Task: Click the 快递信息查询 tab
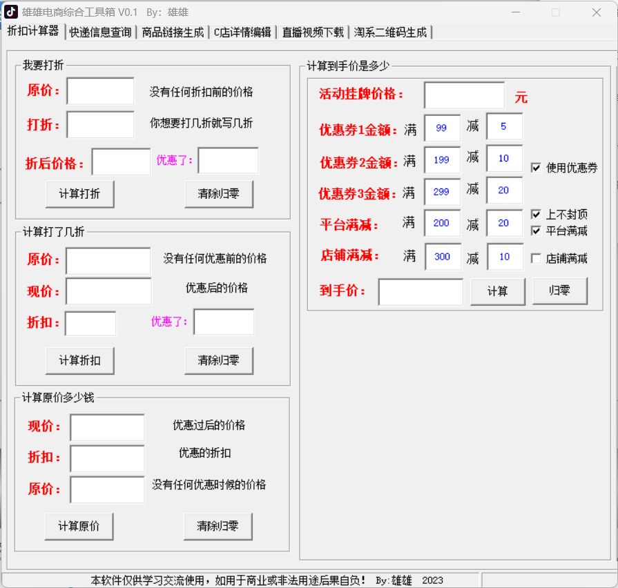click(x=101, y=32)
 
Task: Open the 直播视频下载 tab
click(x=313, y=32)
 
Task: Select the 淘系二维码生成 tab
click(x=390, y=32)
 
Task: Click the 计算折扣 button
click(x=79, y=360)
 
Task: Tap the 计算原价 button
click(x=79, y=526)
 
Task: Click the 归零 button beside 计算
click(x=560, y=291)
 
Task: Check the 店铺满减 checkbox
click(x=536, y=258)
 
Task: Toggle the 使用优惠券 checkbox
click(x=536, y=168)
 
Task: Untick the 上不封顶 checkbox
click(x=536, y=214)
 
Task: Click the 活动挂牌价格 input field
click(x=464, y=95)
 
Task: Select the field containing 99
click(x=442, y=128)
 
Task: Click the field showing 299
click(x=442, y=192)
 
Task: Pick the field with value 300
click(x=443, y=257)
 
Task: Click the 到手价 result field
click(x=421, y=292)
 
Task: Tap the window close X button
click(x=597, y=12)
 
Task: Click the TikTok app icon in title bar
click(x=10, y=12)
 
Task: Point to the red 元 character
click(x=521, y=97)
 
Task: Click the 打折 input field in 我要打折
click(x=101, y=124)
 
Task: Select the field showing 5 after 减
click(x=505, y=126)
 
